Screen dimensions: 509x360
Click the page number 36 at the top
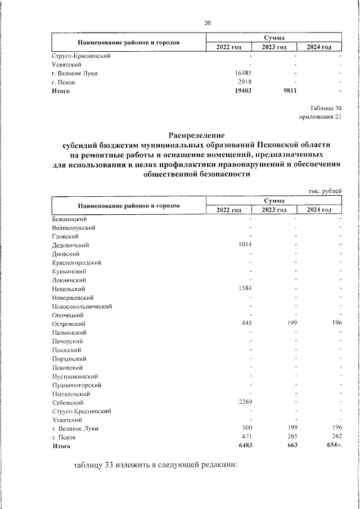click(x=207, y=22)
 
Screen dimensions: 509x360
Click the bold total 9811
click(x=289, y=91)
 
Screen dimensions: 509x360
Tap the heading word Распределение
click(x=196, y=135)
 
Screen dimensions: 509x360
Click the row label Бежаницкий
click(x=69, y=219)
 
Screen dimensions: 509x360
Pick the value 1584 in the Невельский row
click(x=245, y=289)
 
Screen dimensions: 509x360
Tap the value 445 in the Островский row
click(x=246, y=324)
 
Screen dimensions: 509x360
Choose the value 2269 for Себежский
click(x=245, y=403)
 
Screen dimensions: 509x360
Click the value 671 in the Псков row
click(x=246, y=437)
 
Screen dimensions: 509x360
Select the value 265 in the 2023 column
click(x=291, y=437)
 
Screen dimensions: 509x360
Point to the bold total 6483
click(x=245, y=446)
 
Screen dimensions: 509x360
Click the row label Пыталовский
click(x=70, y=394)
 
